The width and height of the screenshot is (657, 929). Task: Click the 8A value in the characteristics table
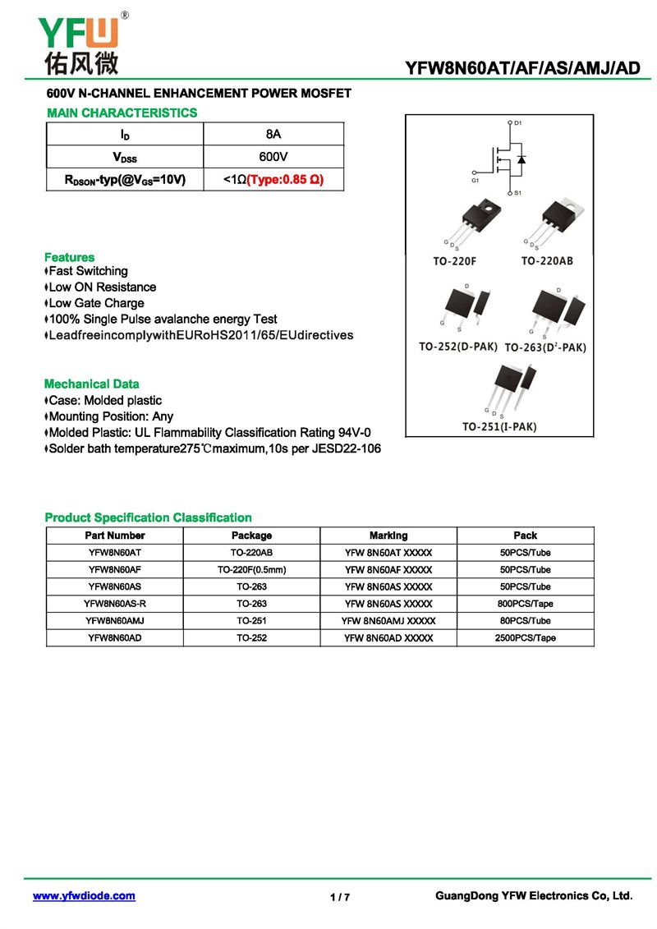[273, 134]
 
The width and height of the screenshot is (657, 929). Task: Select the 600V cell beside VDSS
[273, 156]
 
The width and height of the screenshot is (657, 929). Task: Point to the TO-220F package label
[454, 261]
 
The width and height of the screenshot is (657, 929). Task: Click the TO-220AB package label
[547, 261]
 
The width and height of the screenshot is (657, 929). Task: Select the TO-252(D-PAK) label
[458, 347]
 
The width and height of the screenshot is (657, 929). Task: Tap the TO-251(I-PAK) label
[498, 426]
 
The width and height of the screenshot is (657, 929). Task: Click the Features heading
[69, 257]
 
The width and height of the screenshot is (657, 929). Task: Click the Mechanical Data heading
[91, 384]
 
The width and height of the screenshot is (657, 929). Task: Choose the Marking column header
[388, 536]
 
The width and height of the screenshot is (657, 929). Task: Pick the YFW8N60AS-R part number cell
[115, 604]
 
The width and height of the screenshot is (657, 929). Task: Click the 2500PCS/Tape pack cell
[525, 638]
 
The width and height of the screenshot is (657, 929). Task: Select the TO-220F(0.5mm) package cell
[251, 569]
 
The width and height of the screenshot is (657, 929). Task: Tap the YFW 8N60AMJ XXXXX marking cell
[388, 621]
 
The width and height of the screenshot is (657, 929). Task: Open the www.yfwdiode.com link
[84, 896]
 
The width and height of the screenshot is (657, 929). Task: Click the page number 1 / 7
[340, 897]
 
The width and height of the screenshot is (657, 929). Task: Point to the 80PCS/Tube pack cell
[525, 621]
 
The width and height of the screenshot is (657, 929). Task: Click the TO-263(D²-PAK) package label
[545, 347]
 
